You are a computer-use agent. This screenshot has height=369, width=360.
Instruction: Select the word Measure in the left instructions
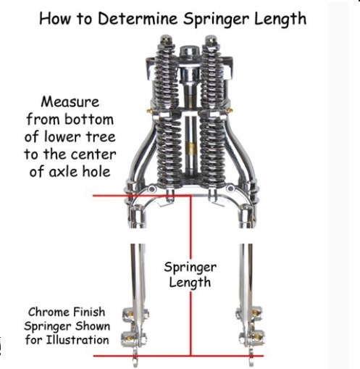coord(70,102)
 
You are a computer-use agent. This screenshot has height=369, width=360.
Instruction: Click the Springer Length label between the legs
coord(190,275)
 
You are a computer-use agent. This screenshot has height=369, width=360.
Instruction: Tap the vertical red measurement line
coord(191,275)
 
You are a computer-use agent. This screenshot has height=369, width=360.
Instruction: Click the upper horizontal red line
coord(142,196)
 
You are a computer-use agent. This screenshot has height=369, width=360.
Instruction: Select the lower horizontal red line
coord(178,356)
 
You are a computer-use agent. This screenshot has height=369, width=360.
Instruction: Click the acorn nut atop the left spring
coord(165,40)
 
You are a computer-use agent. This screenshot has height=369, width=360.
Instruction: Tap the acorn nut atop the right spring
coord(211,40)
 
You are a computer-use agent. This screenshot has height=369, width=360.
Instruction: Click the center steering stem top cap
coord(189,51)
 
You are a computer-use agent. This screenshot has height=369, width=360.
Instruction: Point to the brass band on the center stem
coord(191,147)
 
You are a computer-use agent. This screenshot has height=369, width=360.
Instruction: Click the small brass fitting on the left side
coord(149,111)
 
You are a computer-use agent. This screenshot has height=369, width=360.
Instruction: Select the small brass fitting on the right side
coord(230,110)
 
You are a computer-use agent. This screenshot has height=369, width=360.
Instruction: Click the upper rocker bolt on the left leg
coord(130,313)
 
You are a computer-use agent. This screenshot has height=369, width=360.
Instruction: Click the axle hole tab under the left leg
coord(135,360)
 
